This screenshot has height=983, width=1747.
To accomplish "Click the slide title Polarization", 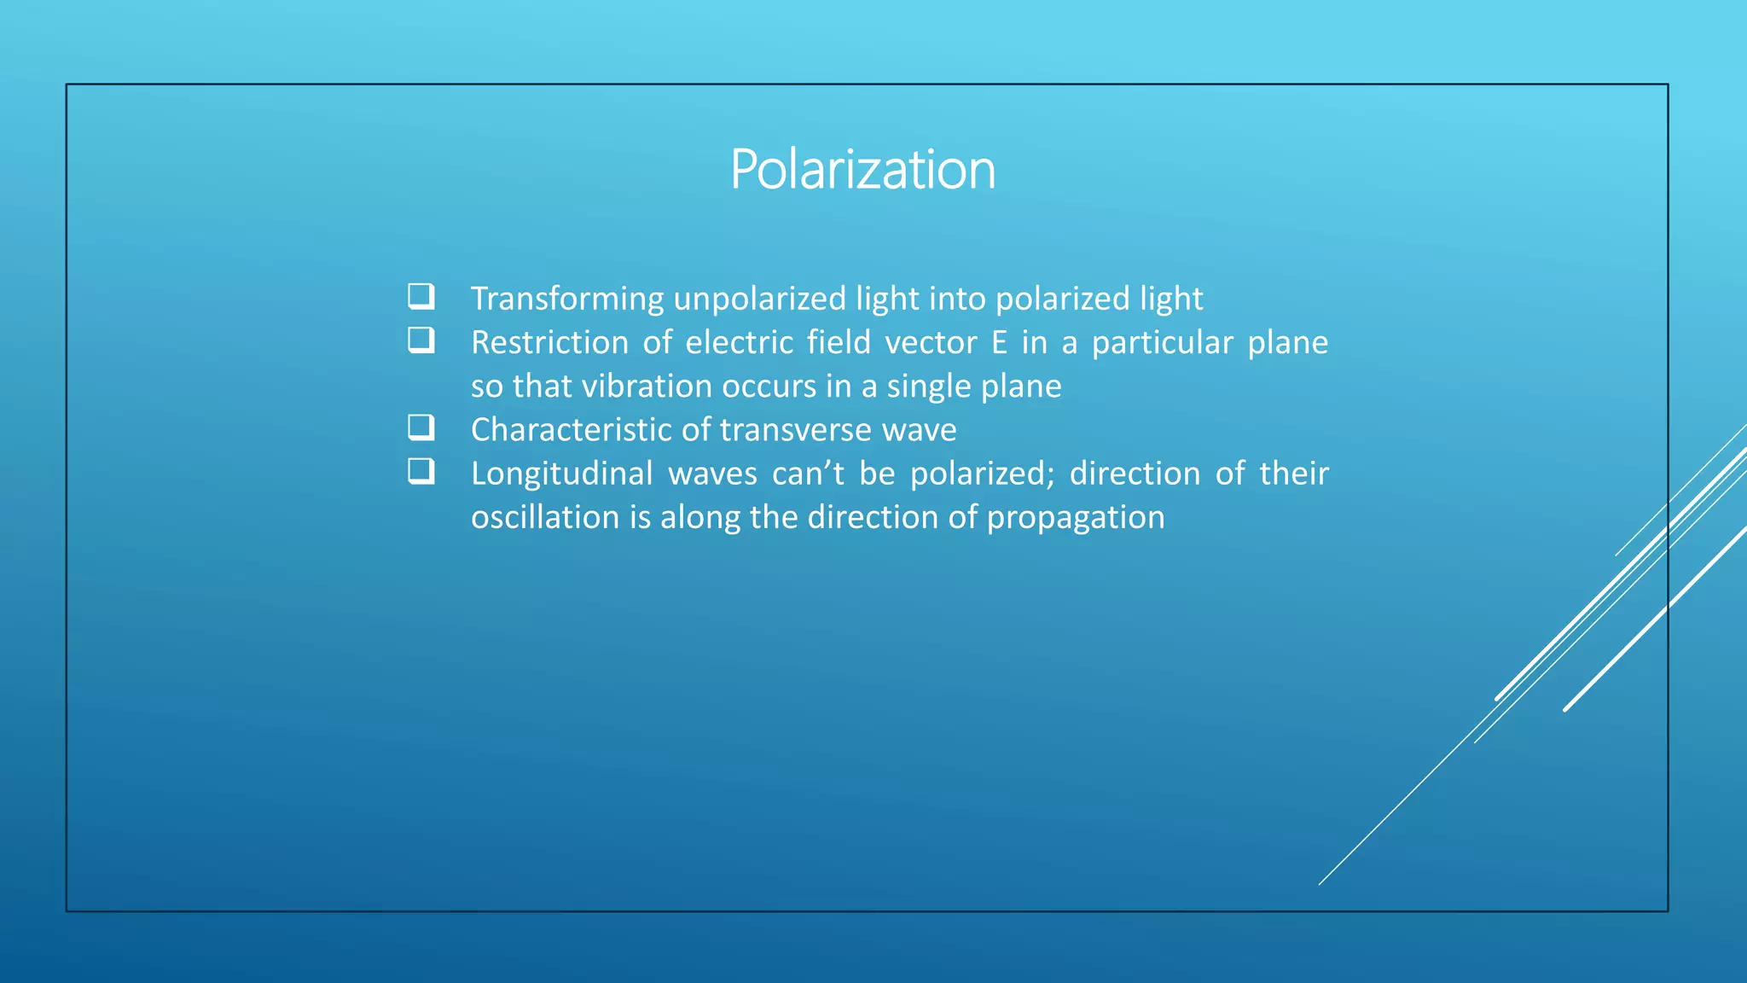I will [862, 169].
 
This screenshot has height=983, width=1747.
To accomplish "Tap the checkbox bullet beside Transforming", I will [421, 296].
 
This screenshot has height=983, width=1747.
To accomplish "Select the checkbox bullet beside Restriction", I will [421, 340].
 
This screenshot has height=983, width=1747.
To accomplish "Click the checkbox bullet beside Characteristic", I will [421, 427].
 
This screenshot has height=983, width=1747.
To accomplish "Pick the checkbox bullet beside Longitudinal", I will [421, 471].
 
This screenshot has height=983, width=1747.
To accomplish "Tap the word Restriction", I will [549, 343].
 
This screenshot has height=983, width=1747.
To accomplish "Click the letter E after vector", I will [999, 343].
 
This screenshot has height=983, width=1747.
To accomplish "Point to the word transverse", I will [796, 430].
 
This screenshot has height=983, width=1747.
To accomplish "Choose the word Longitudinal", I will [561, 474].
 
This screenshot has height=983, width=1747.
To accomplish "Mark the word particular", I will [1162, 343].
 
